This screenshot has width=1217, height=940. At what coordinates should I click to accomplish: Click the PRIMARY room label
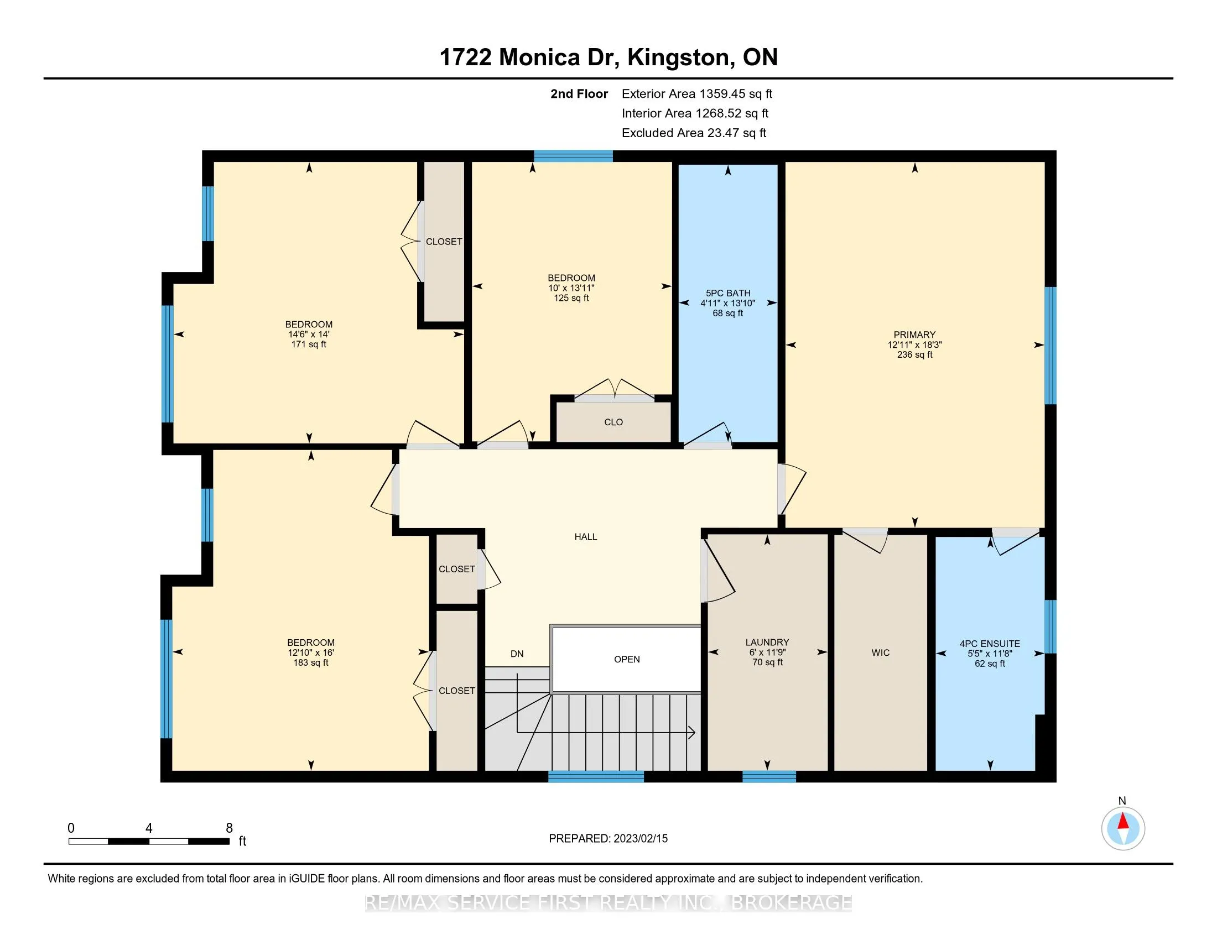point(914,335)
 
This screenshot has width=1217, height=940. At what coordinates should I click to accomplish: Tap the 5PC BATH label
point(728,293)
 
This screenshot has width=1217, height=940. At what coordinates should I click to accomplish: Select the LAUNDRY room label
point(767,642)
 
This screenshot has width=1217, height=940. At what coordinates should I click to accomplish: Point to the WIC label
point(881,652)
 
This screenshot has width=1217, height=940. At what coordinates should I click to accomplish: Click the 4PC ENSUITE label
point(990,644)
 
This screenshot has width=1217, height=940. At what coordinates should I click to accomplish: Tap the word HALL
point(586,537)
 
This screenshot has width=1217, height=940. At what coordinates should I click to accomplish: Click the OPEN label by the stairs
point(627,659)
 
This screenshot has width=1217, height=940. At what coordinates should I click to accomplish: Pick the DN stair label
point(517,654)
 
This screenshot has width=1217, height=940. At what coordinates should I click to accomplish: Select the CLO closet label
point(613,422)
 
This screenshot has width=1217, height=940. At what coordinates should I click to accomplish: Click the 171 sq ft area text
point(309,344)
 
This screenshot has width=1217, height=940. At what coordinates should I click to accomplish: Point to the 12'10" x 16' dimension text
point(311,652)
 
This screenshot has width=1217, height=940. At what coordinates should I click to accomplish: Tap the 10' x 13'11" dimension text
point(571,288)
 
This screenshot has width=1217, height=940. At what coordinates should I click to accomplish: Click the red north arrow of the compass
point(1123,822)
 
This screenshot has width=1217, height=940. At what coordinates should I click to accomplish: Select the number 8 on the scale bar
point(229,828)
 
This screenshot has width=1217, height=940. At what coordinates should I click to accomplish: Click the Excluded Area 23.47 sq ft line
point(694,133)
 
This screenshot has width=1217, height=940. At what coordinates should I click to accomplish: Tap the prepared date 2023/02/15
point(639,839)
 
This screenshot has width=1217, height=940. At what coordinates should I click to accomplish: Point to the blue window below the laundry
point(769,777)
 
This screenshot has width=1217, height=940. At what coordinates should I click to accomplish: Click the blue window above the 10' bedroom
point(574,156)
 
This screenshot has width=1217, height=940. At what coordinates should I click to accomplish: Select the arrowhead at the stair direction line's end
point(691,732)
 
